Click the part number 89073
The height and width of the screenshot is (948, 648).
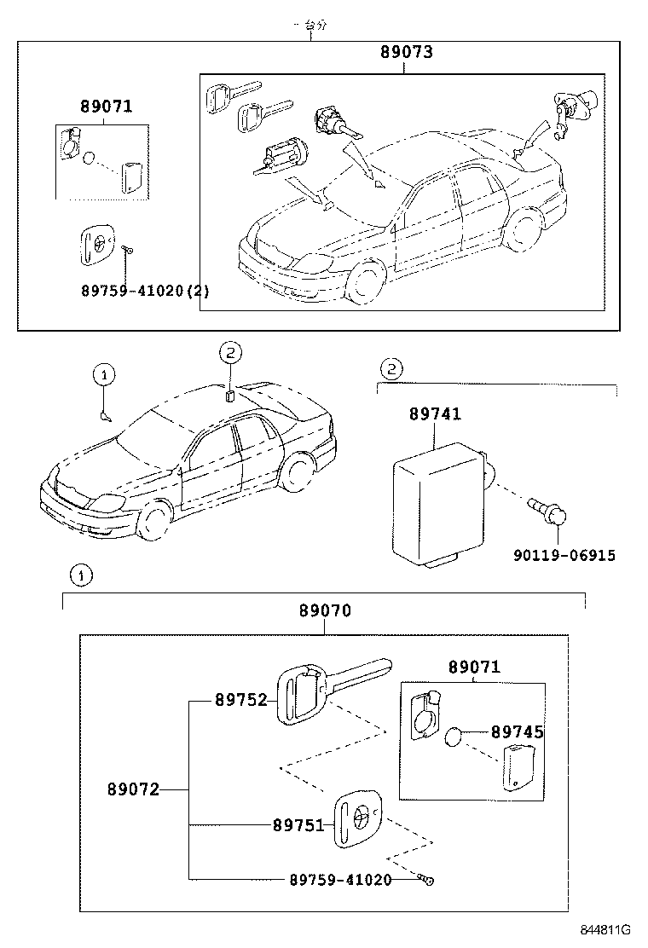407,53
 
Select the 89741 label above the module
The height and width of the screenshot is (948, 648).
435,414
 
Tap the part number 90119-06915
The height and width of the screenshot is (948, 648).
564,556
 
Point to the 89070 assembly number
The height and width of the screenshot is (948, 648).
325,611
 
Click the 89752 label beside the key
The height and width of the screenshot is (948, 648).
240,700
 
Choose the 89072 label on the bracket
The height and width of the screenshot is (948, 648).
133,789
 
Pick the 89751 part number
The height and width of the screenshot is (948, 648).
298,825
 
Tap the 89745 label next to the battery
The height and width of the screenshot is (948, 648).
517,732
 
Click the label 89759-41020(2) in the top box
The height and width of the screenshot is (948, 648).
145,291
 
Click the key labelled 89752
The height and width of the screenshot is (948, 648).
324,690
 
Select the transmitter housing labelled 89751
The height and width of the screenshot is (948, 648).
356,820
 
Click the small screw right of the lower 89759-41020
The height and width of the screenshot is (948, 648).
425,879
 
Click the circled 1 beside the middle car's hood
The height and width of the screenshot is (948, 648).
103,374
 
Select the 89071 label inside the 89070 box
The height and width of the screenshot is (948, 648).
474,668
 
